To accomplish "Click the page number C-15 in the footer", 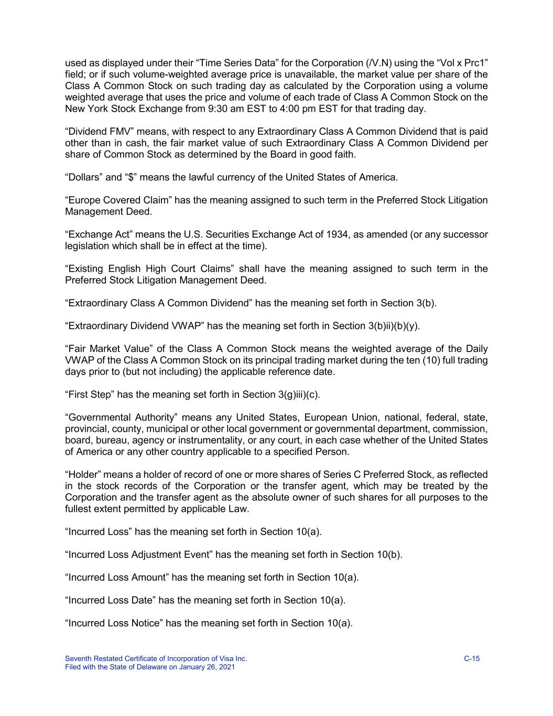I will click(x=472, y=659).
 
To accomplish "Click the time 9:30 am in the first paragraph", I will click(x=226, y=109).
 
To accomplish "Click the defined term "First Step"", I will click(x=90, y=394).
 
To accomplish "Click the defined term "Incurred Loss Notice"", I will click(x=114, y=623).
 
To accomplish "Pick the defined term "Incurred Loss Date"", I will click(x=111, y=600).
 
